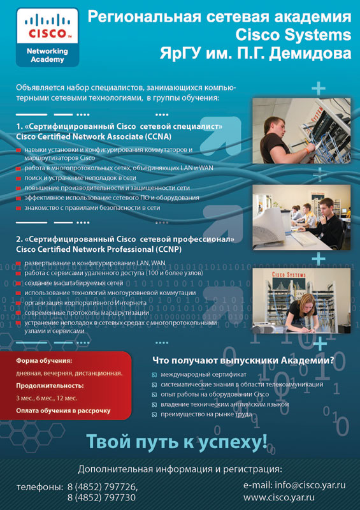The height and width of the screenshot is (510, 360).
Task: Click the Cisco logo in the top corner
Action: tap(48, 37)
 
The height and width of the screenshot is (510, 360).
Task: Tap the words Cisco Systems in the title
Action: tap(293, 35)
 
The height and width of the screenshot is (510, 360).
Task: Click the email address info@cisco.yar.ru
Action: tap(310, 485)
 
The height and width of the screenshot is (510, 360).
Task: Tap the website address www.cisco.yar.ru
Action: tap(279, 497)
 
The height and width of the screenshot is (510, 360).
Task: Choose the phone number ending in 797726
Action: tap(103, 487)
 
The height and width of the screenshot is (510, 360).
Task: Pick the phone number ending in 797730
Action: tap(101, 498)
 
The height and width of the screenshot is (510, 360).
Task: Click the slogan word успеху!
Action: tap(233, 441)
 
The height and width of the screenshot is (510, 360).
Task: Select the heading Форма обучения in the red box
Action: tap(44, 361)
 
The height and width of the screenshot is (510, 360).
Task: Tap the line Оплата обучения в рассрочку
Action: tap(64, 411)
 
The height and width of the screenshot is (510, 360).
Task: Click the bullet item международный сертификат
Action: tap(204, 375)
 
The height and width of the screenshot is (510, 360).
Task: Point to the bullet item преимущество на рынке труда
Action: tap(206, 414)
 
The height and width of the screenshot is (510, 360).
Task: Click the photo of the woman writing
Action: tap(301, 300)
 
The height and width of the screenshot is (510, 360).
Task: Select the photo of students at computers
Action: tap(301, 217)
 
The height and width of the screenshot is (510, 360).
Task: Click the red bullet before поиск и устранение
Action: tap(19, 178)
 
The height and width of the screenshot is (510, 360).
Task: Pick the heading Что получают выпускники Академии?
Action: tap(243, 360)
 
